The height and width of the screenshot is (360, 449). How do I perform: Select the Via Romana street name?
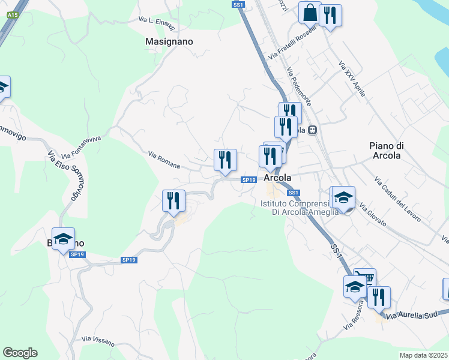(x=164, y=160)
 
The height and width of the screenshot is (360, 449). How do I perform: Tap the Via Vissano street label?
(x=98, y=340)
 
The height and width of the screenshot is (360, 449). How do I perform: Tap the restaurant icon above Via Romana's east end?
(x=225, y=160)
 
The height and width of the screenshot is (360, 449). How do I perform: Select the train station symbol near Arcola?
(x=313, y=130)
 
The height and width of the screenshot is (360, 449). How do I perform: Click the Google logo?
(x=20, y=353)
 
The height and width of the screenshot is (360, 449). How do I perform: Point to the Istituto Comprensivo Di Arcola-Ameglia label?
(x=299, y=208)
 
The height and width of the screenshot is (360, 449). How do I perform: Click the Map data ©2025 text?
(x=424, y=355)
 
